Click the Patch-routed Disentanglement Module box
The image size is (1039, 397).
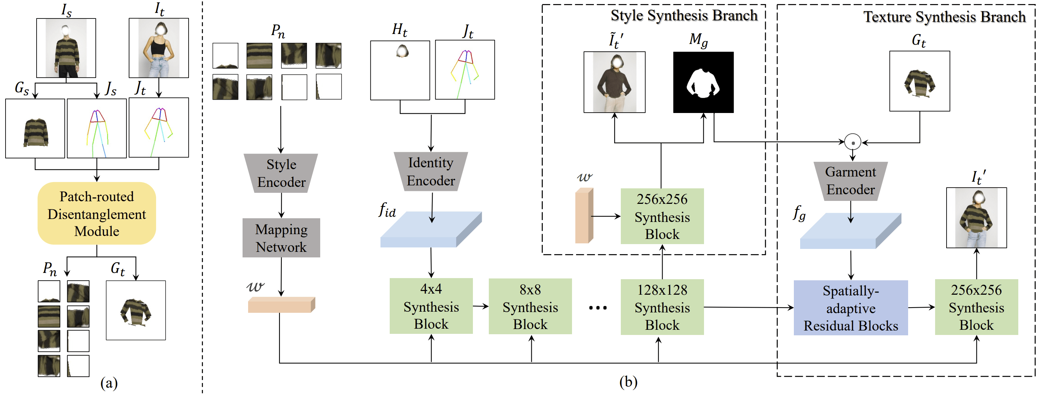pyautogui.click(x=97, y=213)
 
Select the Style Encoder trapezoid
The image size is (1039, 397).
pyautogui.click(x=281, y=173)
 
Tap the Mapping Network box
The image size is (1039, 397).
pyautogui.click(x=281, y=238)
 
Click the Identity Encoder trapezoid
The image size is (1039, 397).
pyautogui.click(x=430, y=171)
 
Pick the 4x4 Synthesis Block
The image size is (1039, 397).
pyautogui.click(x=431, y=306)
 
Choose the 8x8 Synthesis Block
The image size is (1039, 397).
pyautogui.click(x=530, y=306)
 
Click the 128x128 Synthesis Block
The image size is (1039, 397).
pyautogui.click(x=662, y=307)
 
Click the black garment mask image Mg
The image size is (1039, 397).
pyautogui.click(x=703, y=82)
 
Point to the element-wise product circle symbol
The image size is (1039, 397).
pyautogui.click(x=853, y=142)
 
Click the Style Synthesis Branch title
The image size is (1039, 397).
pyautogui.click(x=684, y=15)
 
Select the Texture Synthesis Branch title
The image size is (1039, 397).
pyautogui.click(x=944, y=17)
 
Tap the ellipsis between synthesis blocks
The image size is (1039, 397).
pyautogui.click(x=598, y=308)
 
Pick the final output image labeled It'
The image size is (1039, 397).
pyautogui.click(x=976, y=218)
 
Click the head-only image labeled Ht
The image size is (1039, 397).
pyautogui.click(x=400, y=70)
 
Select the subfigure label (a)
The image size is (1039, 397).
pyautogui.click(x=109, y=383)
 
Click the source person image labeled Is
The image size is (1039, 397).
pyautogui.click(x=66, y=48)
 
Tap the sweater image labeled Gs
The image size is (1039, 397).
pyautogui.click(x=35, y=128)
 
